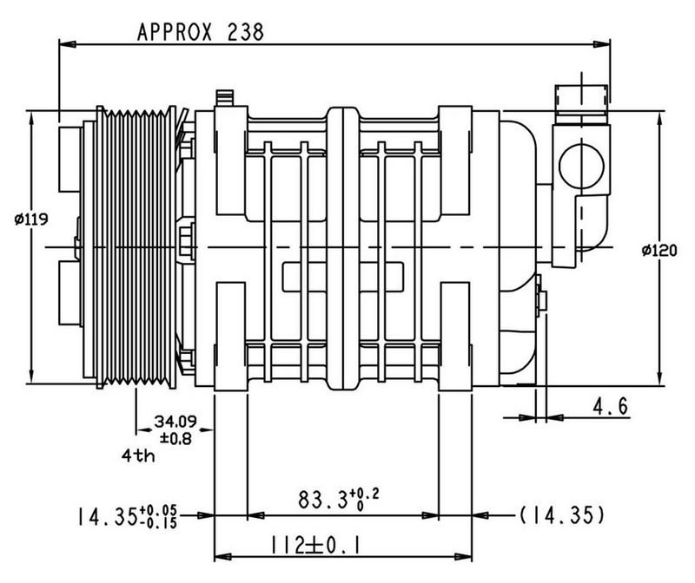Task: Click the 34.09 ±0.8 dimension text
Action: (x=176, y=429)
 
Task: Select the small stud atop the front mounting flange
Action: (x=228, y=96)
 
